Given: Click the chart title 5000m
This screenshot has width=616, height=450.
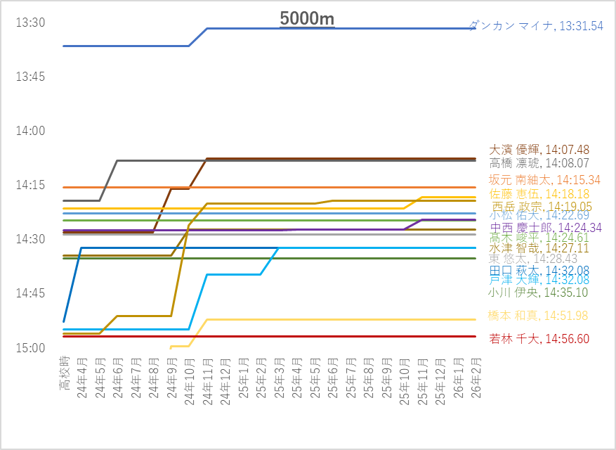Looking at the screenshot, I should (x=307, y=19).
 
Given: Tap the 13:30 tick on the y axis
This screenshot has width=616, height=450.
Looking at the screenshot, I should (x=30, y=22).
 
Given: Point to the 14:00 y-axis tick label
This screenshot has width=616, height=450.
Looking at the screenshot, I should (x=30, y=131).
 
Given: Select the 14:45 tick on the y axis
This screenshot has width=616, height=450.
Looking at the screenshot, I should (x=30, y=293).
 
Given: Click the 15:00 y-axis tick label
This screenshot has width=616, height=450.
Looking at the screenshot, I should (x=30, y=347).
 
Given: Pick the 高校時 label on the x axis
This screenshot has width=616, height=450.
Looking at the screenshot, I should (x=64, y=374).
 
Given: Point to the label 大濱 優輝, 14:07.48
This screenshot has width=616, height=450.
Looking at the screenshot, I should (x=539, y=150).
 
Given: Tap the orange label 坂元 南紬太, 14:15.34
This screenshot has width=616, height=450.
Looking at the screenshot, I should (x=544, y=179).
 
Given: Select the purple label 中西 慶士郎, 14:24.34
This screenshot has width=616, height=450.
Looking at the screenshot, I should (x=546, y=228).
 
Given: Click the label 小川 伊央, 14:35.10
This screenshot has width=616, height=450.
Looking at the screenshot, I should (x=539, y=292).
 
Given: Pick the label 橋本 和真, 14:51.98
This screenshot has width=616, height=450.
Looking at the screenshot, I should (x=539, y=316).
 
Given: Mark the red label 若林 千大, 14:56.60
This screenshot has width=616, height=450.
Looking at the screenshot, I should (x=539, y=339).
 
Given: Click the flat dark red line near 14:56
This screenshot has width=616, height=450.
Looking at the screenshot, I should (x=281, y=336).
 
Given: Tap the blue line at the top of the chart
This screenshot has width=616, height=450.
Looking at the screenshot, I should (x=337, y=28).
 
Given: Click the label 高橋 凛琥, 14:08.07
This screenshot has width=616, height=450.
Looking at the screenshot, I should (x=539, y=163).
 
